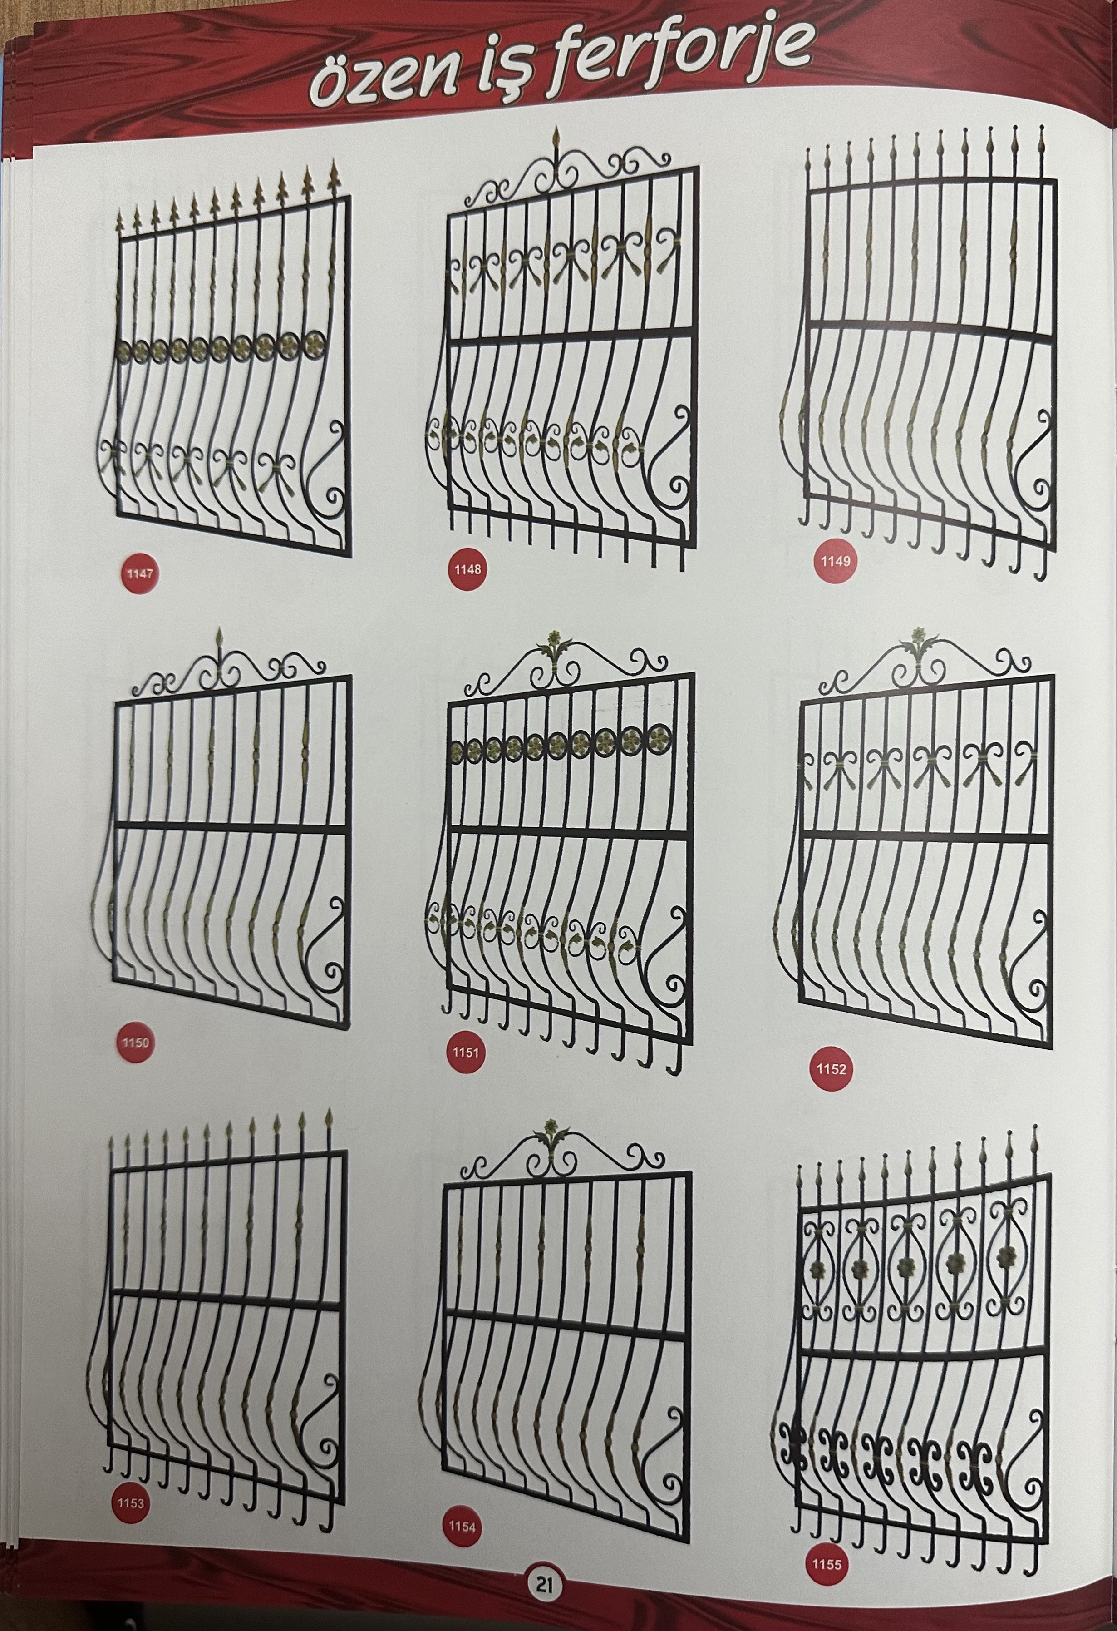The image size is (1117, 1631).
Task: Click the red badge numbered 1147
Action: (140, 573)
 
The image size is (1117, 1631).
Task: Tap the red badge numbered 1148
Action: (467, 569)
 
